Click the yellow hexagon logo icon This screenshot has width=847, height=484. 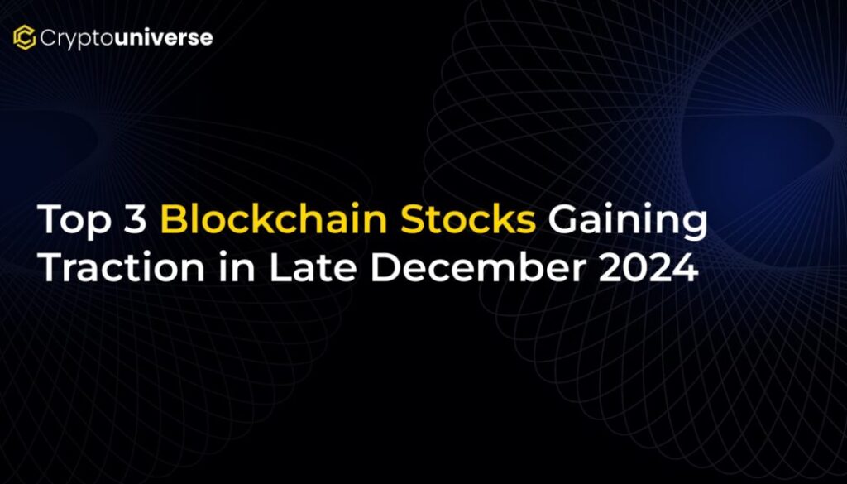tap(24, 37)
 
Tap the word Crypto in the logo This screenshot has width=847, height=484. tap(77, 39)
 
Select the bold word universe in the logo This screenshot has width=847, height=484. tap(164, 37)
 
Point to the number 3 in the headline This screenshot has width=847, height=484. tap(136, 219)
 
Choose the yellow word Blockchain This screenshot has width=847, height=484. tap(274, 218)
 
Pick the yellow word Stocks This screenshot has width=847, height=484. tap(468, 218)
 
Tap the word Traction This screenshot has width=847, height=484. tap(122, 267)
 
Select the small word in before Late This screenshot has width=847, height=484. tap(237, 267)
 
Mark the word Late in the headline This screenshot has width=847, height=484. tap(313, 267)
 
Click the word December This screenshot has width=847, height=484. tap(478, 267)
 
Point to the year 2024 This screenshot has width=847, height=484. tap(648, 267)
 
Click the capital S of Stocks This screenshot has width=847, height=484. tap(414, 219)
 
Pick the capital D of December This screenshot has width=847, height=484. tap(385, 267)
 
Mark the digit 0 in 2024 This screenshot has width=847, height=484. tap(636, 267)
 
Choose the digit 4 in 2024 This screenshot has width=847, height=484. tap(687, 267)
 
